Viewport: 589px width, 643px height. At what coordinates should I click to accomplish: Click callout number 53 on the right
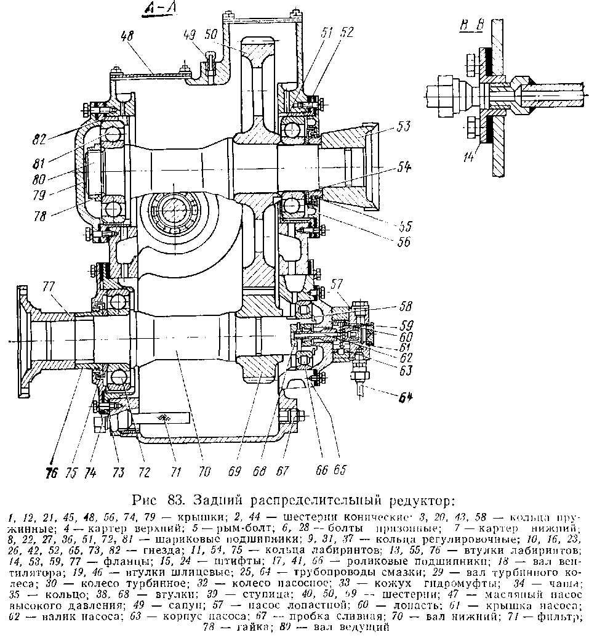[x=403, y=127]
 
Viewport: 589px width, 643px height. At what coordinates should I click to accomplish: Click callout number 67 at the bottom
[x=282, y=471]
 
